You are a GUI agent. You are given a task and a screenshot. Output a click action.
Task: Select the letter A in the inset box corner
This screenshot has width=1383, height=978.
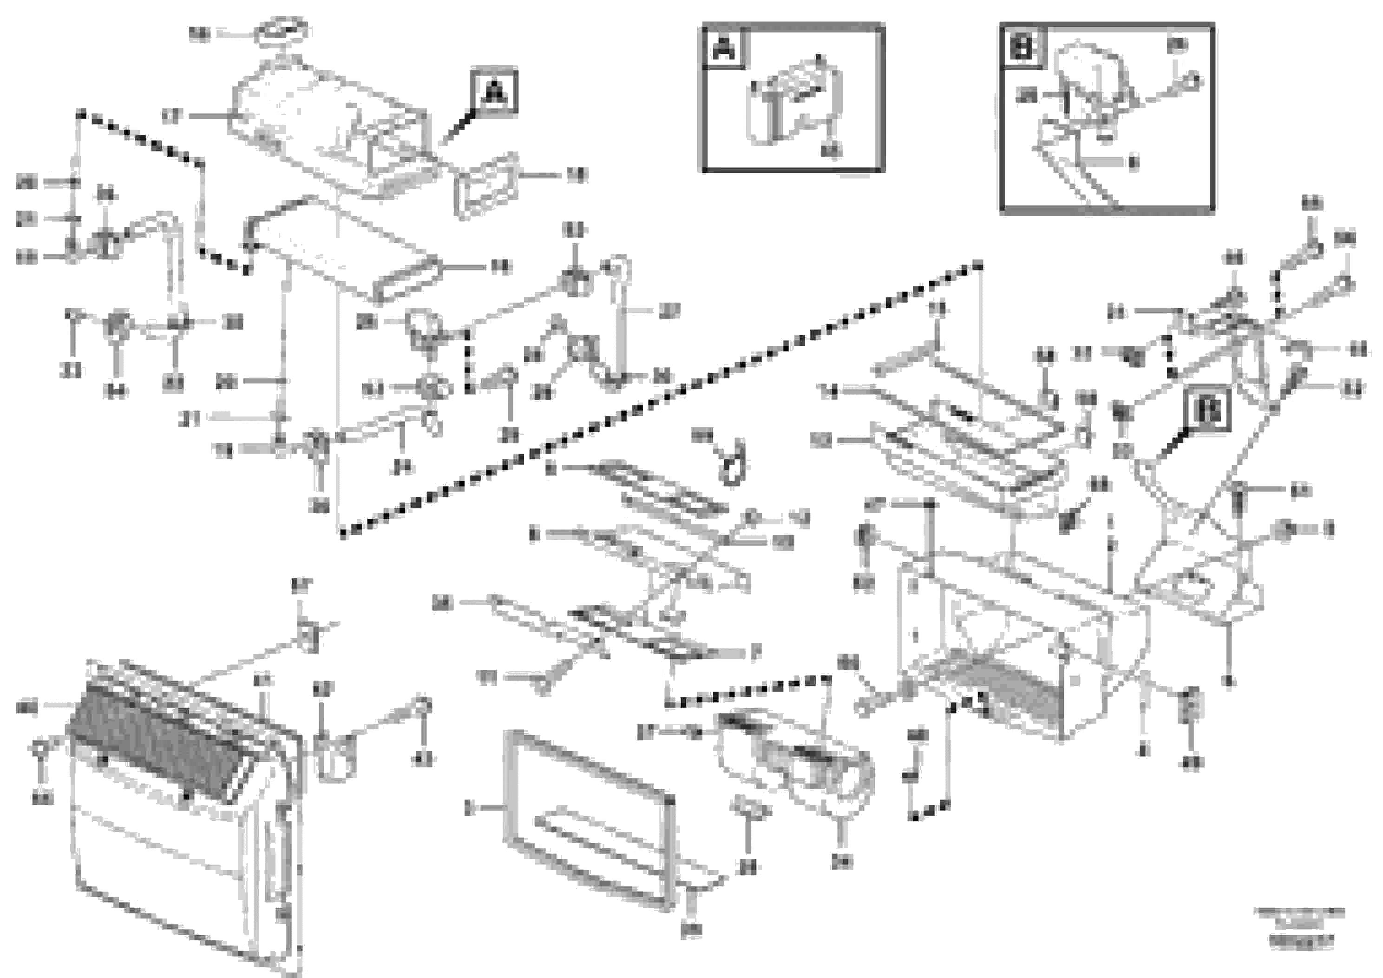coord(725,49)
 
